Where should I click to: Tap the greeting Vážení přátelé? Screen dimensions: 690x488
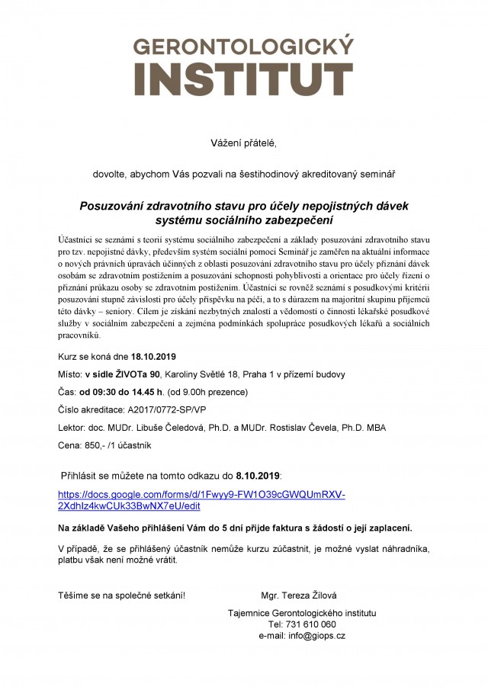[x=244, y=143]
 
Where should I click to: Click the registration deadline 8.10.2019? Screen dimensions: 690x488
[x=258, y=475]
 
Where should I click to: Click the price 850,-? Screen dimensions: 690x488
[x=97, y=444]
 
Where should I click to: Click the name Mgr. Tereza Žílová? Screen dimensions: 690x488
[x=300, y=595]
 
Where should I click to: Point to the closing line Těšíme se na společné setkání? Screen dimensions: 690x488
[x=121, y=595]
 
